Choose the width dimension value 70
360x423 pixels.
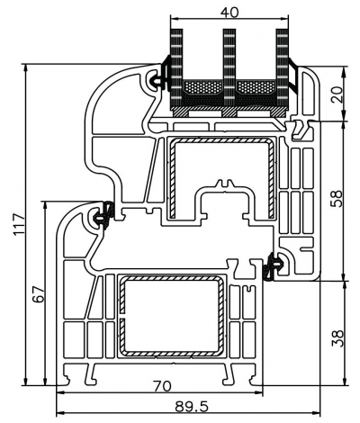(x=162, y=386)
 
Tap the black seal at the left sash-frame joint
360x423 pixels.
(x=103, y=214)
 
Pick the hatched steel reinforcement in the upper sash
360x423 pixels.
(x=166, y=180)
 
